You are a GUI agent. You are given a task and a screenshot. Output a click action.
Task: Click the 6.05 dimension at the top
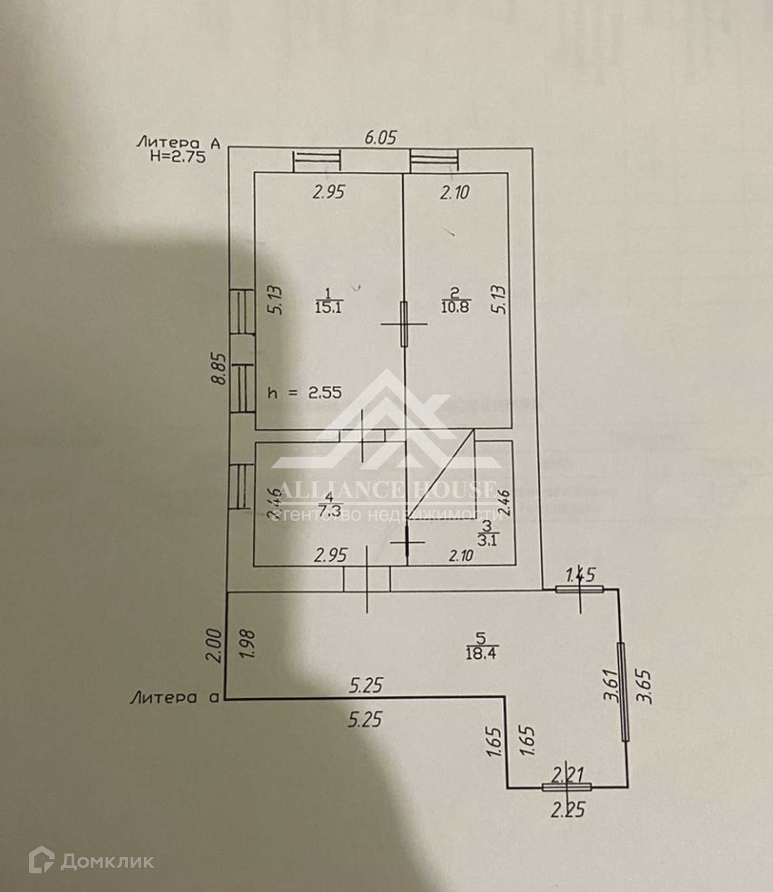click(x=380, y=138)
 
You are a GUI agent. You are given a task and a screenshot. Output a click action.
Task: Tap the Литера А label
click(x=178, y=143)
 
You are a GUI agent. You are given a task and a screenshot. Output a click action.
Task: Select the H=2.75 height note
click(x=178, y=157)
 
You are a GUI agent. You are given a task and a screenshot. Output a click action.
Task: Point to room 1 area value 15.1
click(x=328, y=307)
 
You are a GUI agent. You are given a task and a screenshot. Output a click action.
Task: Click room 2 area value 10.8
click(x=455, y=307)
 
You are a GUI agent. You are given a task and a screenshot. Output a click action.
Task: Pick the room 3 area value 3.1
click(x=487, y=540)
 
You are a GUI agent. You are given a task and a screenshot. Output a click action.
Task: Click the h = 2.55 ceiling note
click(x=305, y=393)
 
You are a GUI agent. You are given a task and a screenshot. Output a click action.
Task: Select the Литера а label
click(x=175, y=698)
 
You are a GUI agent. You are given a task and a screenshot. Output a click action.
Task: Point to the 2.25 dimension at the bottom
click(x=568, y=810)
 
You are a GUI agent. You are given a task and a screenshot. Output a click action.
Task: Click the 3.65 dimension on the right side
click(x=646, y=687)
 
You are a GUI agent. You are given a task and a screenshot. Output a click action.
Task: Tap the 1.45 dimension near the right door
click(x=580, y=575)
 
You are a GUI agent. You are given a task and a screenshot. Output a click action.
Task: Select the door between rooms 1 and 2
click(x=404, y=324)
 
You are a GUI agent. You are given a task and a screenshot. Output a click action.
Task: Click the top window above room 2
click(x=434, y=161)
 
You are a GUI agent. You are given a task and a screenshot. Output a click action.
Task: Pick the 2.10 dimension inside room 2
click(x=455, y=192)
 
